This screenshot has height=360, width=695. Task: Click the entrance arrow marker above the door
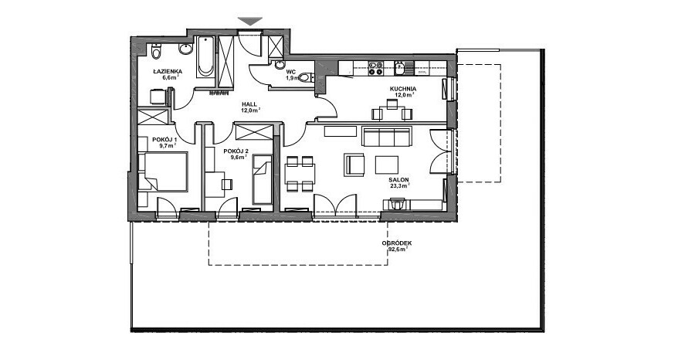(x=250, y=21)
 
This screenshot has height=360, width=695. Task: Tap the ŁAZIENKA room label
(x=168, y=71)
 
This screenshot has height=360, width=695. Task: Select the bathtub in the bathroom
(x=205, y=56)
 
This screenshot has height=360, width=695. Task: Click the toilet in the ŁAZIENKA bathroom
(x=155, y=52)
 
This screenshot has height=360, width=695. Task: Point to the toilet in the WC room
(x=306, y=77)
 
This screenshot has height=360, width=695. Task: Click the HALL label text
(x=249, y=104)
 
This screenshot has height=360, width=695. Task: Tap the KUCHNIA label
(x=403, y=89)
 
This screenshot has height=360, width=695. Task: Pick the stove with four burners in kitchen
(x=376, y=68)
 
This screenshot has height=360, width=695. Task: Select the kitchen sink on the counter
(x=399, y=69)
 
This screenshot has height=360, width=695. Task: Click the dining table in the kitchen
(x=392, y=113)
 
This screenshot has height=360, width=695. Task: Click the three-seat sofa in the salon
(x=387, y=136)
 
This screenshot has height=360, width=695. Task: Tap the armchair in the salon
(x=354, y=165)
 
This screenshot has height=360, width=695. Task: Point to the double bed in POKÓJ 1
(x=163, y=172)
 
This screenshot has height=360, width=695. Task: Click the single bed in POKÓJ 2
(x=262, y=179)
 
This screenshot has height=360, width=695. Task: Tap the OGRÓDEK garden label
(x=397, y=243)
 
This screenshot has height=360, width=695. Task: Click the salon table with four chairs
(x=300, y=173)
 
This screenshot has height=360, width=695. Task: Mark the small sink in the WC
(x=280, y=65)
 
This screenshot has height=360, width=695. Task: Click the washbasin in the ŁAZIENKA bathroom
(x=185, y=49)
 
